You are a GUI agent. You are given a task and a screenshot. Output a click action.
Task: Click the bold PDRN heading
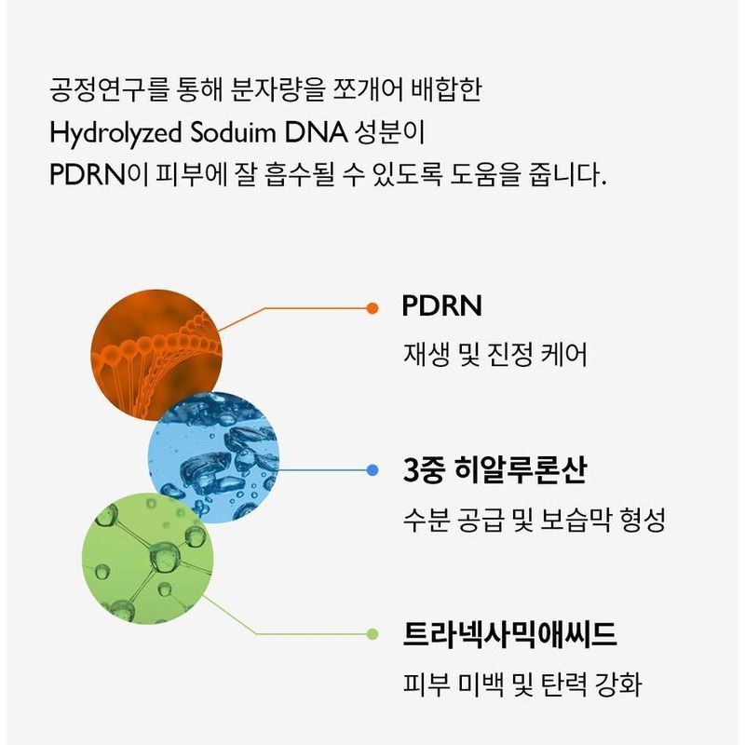[x=442, y=307]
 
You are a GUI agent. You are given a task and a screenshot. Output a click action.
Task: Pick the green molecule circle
[x=147, y=557]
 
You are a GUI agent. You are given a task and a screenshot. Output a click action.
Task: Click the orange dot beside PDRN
[x=372, y=307]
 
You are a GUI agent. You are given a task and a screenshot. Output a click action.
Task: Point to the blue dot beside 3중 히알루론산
[x=372, y=470]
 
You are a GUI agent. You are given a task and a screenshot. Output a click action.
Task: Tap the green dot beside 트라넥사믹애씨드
[x=372, y=634]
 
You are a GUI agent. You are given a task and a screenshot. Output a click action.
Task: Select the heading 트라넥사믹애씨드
[x=509, y=635]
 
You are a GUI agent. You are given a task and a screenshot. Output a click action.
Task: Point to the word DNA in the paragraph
[x=312, y=132]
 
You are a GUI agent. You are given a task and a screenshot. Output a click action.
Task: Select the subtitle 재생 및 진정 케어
[x=494, y=355]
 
